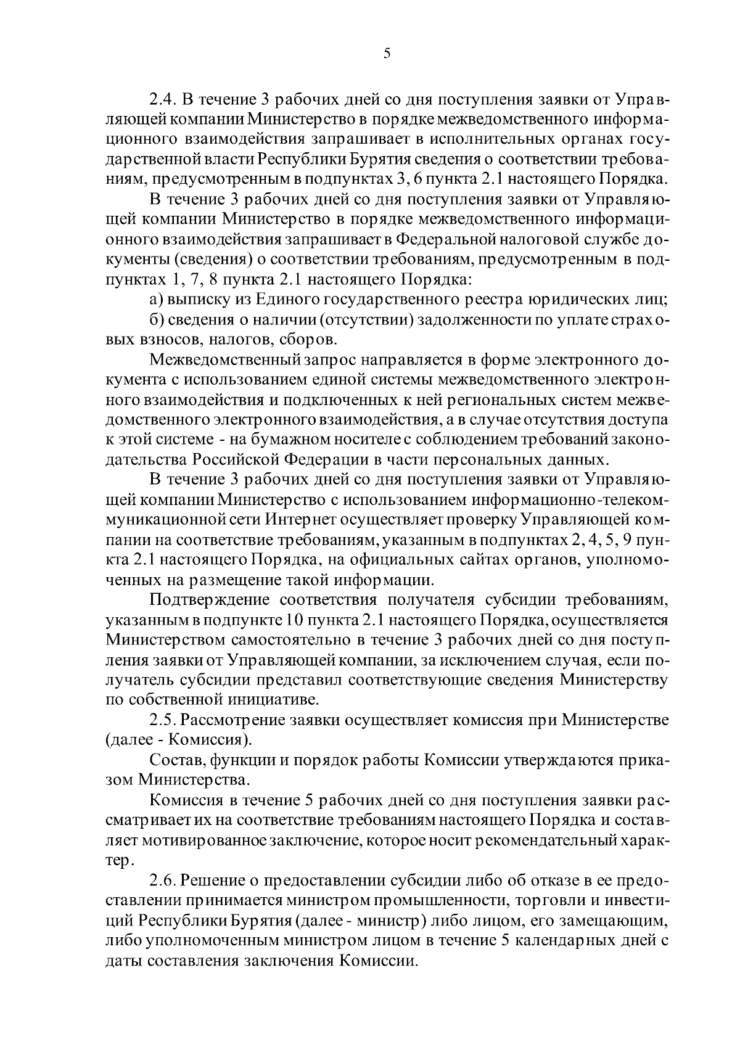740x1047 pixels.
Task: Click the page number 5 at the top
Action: (x=386, y=54)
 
